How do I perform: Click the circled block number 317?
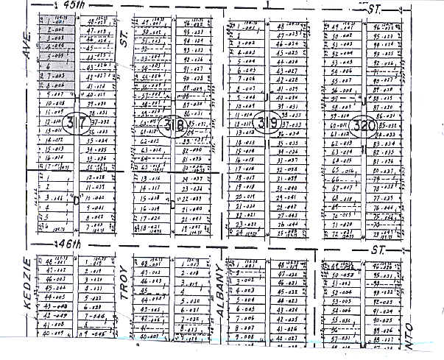[x=75, y=122]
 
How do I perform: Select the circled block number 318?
[x=173, y=126]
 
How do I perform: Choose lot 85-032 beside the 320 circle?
[x=387, y=125]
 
